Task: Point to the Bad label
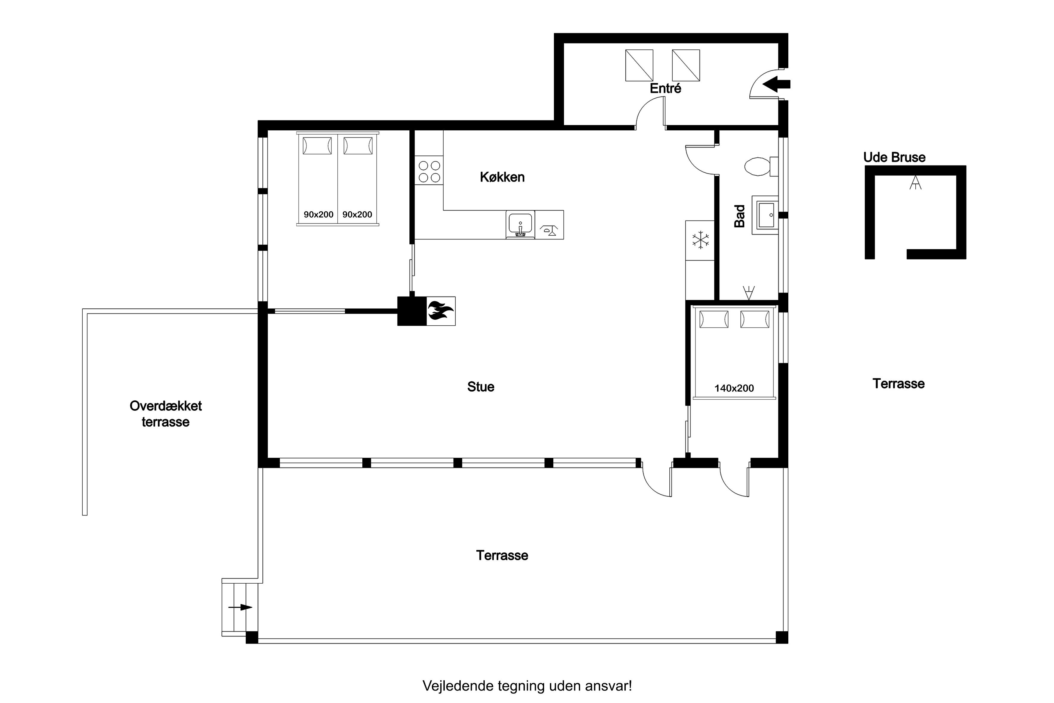(x=740, y=216)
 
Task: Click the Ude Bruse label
(x=894, y=157)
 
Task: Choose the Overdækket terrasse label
(x=165, y=414)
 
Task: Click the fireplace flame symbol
(x=441, y=311)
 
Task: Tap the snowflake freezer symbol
(x=700, y=240)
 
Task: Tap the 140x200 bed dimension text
(x=734, y=388)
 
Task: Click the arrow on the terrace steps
(x=240, y=607)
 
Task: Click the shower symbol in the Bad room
(x=749, y=293)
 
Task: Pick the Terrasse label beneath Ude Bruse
(x=898, y=384)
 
